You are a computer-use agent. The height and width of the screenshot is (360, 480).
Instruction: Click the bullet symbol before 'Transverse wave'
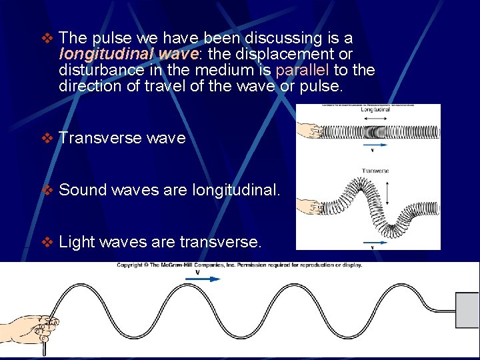pos(47,138)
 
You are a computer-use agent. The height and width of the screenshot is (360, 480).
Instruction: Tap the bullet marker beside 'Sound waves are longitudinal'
pos(47,190)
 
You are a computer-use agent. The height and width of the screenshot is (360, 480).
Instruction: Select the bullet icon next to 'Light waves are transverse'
pos(47,242)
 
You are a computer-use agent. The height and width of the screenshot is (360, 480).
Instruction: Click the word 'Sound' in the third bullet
pos(83,190)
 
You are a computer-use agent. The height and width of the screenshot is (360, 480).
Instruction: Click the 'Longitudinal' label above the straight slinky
pos(375,111)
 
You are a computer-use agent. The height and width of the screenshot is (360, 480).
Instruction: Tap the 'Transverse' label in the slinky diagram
pos(375,171)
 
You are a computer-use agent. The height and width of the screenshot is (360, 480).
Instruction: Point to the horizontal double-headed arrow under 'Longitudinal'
pos(375,118)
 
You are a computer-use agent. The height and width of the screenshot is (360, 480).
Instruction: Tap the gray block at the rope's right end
pos(467,310)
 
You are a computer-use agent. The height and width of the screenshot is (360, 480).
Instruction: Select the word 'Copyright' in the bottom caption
pos(131,265)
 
